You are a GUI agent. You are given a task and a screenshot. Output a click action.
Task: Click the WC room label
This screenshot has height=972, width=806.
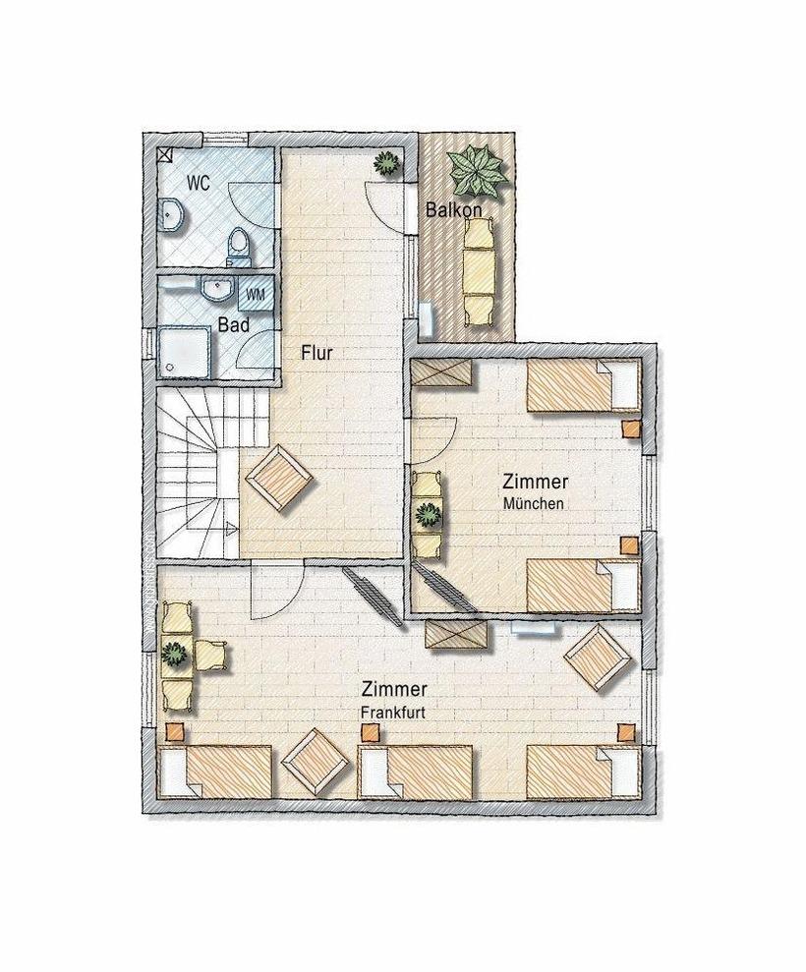pos(199,184)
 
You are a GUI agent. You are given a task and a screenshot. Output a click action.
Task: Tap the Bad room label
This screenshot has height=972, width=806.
pos(234,325)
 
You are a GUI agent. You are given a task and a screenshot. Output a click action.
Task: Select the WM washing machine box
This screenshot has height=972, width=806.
pos(256,294)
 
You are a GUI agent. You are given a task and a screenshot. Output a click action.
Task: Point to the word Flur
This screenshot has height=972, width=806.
pos(317,354)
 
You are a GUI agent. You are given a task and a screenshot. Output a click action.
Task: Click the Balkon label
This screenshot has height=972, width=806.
pos(454,210)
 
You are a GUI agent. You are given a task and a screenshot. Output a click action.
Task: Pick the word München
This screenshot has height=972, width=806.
pos(533,503)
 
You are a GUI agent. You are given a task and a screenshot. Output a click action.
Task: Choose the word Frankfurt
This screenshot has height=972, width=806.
pos(393,713)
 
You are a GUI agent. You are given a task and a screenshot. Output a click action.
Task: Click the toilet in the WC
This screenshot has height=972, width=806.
pos(239,246)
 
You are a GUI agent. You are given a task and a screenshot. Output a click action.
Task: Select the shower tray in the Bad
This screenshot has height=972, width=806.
pos(186,352)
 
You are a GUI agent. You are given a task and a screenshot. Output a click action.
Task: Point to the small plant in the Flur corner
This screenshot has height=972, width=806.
pos(387,163)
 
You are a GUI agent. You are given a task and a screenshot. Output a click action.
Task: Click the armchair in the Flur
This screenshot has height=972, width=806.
pos(278,480)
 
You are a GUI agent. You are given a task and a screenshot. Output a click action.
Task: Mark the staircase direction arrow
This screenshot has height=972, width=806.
pos(230,529)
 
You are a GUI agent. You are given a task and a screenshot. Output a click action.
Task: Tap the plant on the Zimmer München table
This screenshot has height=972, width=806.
pos(427,515)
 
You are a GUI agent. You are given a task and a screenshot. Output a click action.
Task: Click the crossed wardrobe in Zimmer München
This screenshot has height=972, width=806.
pos(442,373)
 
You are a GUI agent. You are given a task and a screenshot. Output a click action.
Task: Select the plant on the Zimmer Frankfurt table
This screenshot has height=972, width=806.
pos(175,654)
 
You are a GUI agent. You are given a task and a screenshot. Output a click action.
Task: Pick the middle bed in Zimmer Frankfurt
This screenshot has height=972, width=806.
pos(416,772)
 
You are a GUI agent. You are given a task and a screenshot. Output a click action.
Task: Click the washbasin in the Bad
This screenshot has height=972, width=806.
pos(216,288)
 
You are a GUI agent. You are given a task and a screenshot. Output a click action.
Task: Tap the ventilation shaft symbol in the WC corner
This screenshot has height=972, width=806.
pos(164,154)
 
